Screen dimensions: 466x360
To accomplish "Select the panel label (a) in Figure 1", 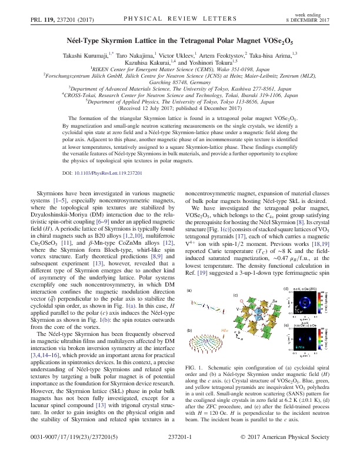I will point(189,291).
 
